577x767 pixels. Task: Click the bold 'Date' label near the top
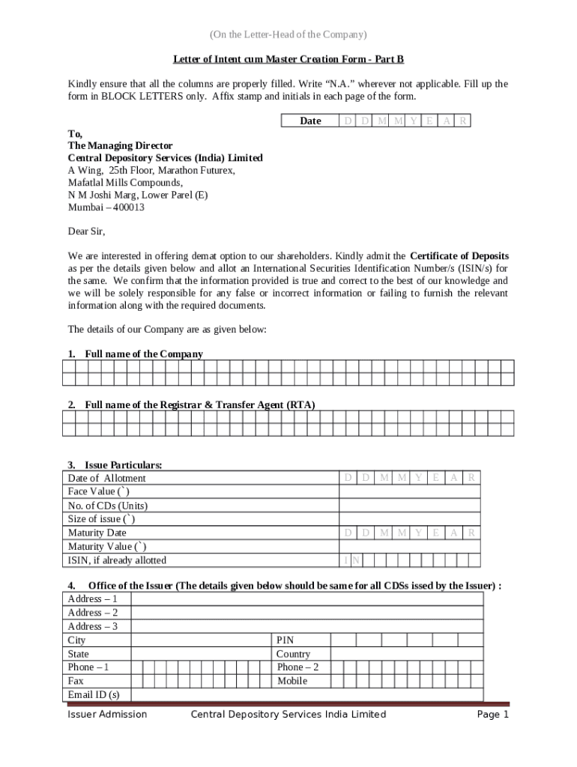pyautogui.click(x=310, y=121)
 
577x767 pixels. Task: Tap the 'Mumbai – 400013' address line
pyautogui.click(x=106, y=207)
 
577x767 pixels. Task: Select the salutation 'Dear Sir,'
pyautogui.click(x=87, y=231)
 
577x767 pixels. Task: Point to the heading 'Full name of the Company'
pyautogui.click(x=143, y=354)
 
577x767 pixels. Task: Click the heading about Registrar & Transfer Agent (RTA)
pyautogui.click(x=199, y=404)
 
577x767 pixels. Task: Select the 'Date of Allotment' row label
pyautogui.click(x=106, y=478)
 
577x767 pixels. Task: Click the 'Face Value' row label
pyautogui.click(x=98, y=491)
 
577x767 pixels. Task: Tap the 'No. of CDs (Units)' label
pyautogui.click(x=107, y=506)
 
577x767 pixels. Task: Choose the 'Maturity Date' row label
pyautogui.click(x=97, y=533)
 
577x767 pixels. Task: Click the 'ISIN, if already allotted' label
pyautogui.click(x=117, y=560)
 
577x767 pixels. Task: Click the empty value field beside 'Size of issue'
pyautogui.click(x=409, y=519)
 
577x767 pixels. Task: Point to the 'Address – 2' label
pyautogui.click(x=93, y=613)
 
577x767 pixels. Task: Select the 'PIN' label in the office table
pyautogui.click(x=285, y=640)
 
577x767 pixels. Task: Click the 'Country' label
pyautogui.click(x=293, y=654)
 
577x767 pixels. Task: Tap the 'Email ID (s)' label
pyautogui.click(x=94, y=695)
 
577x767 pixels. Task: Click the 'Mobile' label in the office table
pyautogui.click(x=291, y=682)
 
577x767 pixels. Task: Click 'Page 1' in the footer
pyautogui.click(x=493, y=715)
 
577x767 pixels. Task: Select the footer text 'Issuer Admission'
pyautogui.click(x=107, y=715)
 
